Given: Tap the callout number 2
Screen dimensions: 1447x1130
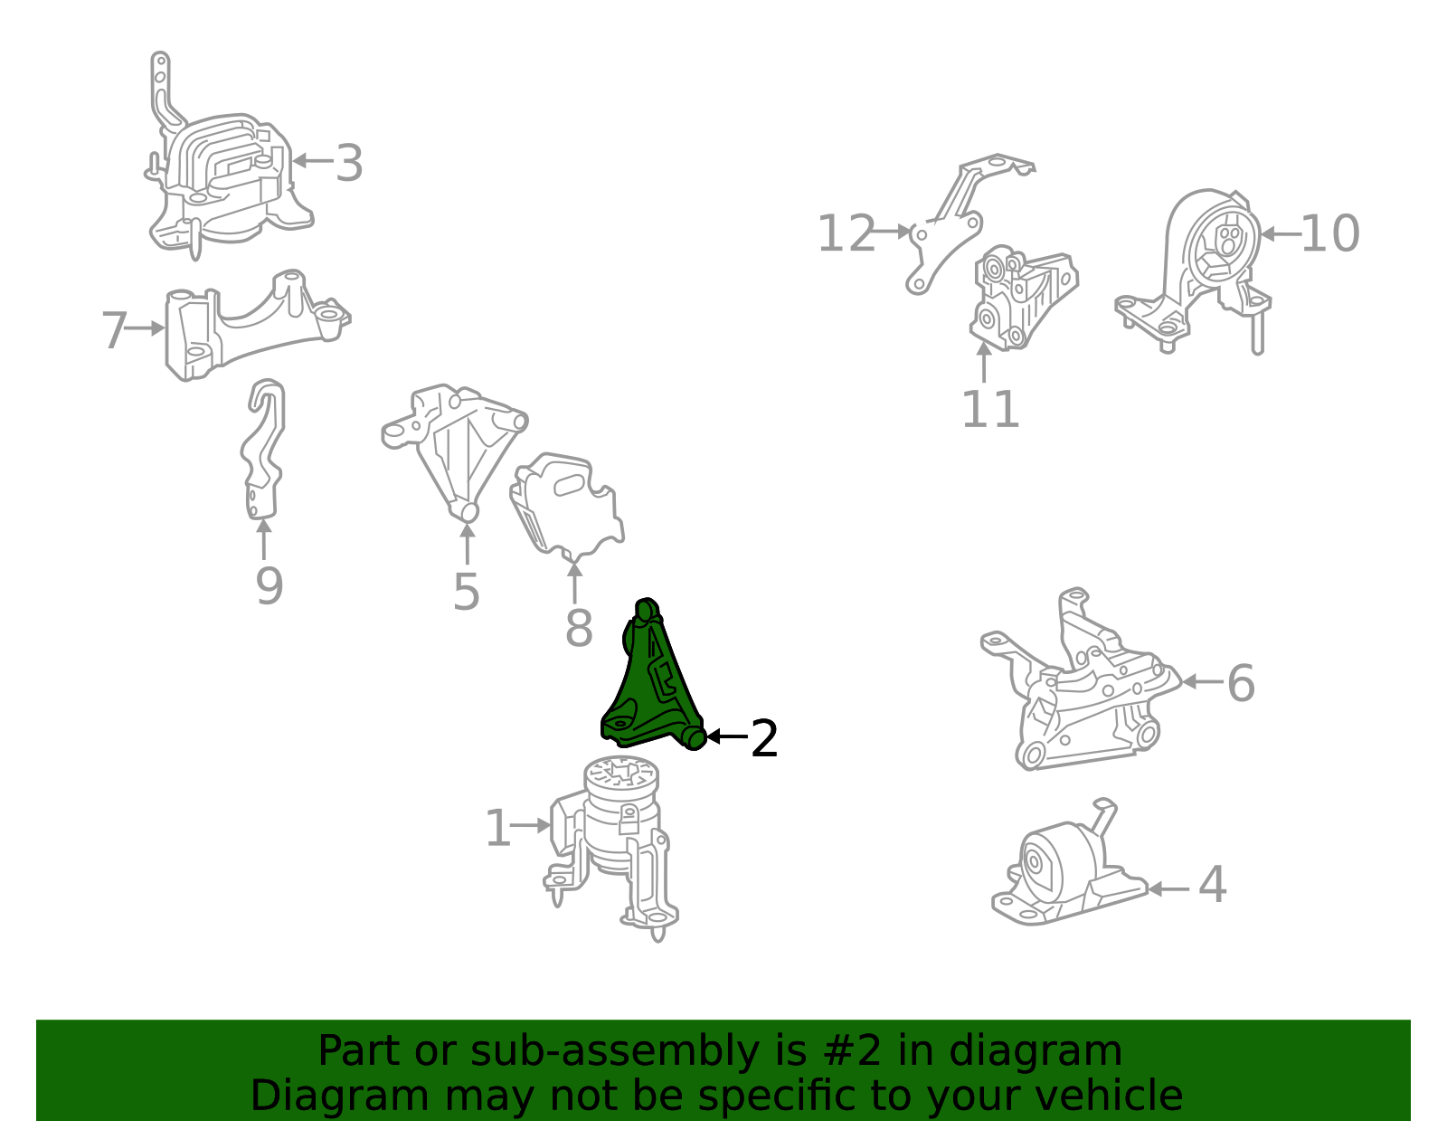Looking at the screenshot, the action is (764, 738).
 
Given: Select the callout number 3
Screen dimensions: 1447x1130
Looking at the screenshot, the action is (349, 163).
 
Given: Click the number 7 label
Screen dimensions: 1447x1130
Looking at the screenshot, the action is (114, 329).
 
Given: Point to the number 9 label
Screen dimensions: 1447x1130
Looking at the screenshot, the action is (269, 586).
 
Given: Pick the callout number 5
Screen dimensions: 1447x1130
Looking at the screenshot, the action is (466, 592).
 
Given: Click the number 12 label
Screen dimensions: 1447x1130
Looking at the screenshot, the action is (846, 233).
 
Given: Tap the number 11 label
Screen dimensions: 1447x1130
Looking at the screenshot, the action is (990, 409).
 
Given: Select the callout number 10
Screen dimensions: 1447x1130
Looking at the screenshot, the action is (1329, 233).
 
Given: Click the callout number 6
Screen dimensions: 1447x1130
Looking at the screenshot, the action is (1241, 683).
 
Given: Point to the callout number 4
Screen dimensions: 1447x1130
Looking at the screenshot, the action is (1212, 884).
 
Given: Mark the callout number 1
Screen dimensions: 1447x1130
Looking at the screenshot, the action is (498, 828).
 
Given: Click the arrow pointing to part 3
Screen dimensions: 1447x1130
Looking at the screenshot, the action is (312, 160).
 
